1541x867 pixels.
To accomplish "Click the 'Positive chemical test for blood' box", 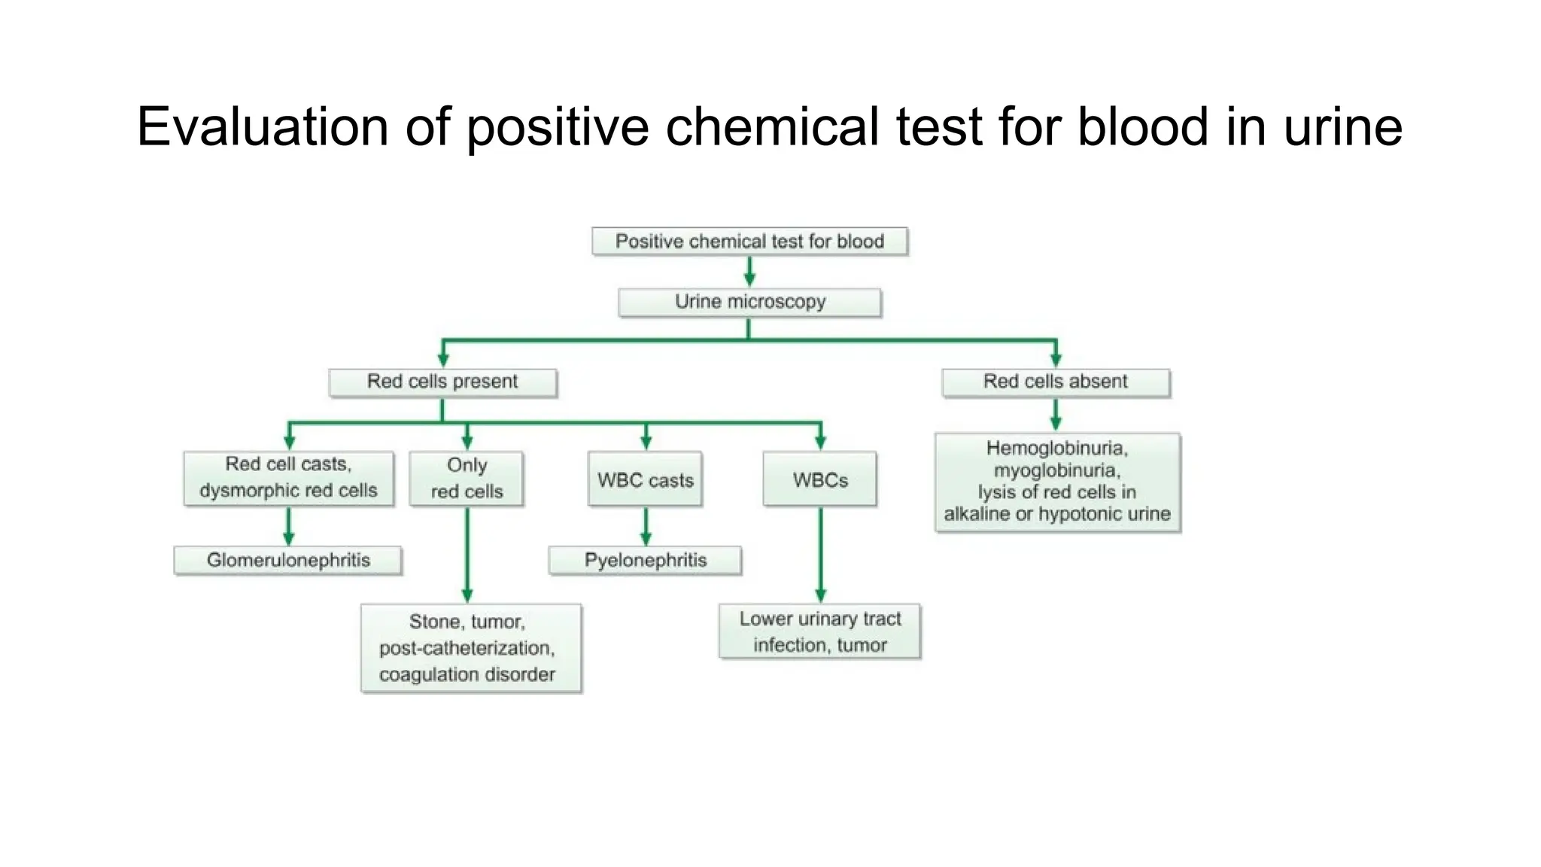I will coord(749,242).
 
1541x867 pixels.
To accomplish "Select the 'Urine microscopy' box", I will coord(749,302).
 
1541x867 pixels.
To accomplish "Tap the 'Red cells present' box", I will coord(442,382).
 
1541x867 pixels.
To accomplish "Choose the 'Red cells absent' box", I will coord(1055,382).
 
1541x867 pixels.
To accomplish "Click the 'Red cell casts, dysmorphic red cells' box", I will coord(288,478).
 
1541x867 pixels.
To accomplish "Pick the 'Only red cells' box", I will coord(467,479).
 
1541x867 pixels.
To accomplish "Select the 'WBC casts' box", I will coord(645,480).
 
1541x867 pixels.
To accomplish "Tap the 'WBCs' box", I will coord(819,480).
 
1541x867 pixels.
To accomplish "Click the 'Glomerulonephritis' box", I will coord(288,561).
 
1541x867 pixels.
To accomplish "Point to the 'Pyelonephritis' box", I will coord(645,561).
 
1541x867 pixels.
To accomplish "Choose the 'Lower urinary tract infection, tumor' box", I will coord(819,632).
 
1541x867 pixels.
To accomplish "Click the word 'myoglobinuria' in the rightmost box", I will coord(1056,471).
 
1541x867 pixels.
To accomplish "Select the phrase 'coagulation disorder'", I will coord(467,674).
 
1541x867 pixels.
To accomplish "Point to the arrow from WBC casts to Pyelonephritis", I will coord(646,526).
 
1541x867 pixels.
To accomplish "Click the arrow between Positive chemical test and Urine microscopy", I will coord(749,271).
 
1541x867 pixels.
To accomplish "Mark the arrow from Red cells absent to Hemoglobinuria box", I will coord(1056,414).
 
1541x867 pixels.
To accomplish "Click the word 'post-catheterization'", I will coord(467,648).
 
